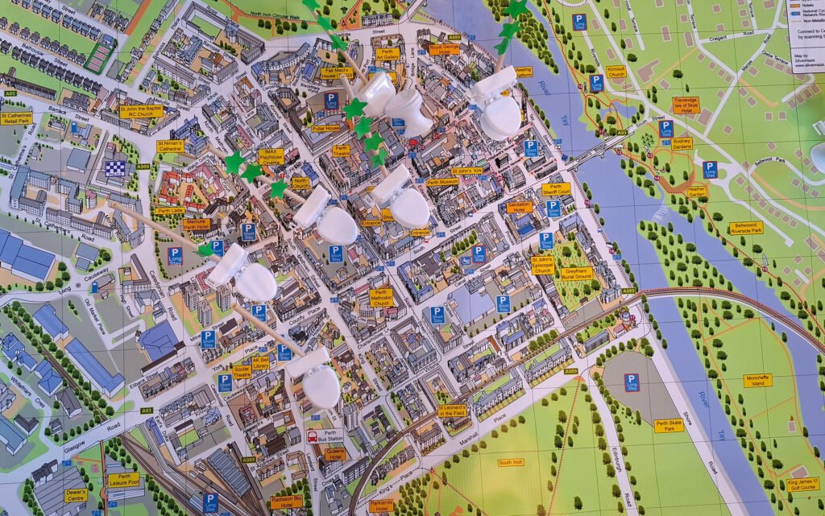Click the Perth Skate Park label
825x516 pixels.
pyautogui.click(x=669, y=425)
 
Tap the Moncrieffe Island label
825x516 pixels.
pyautogui.click(x=757, y=379)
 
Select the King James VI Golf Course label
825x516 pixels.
pyautogui.click(x=802, y=485)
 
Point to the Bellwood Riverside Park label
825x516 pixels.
pyautogui.click(x=746, y=228)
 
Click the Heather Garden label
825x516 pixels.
pyautogui.click(x=698, y=192)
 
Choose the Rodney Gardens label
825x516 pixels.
pyautogui.click(x=682, y=143)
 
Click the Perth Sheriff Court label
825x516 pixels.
pyautogui.click(x=556, y=189)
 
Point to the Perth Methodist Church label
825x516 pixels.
pyautogui.click(x=381, y=297)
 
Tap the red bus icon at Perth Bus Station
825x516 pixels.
pyautogui.click(x=312, y=438)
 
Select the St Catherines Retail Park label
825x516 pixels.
pyautogui.click(x=16, y=118)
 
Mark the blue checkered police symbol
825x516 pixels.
pyautogui.click(x=114, y=168)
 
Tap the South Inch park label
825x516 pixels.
pyautogui.click(x=511, y=463)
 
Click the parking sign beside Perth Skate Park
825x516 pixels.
pyautogui.click(x=632, y=382)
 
